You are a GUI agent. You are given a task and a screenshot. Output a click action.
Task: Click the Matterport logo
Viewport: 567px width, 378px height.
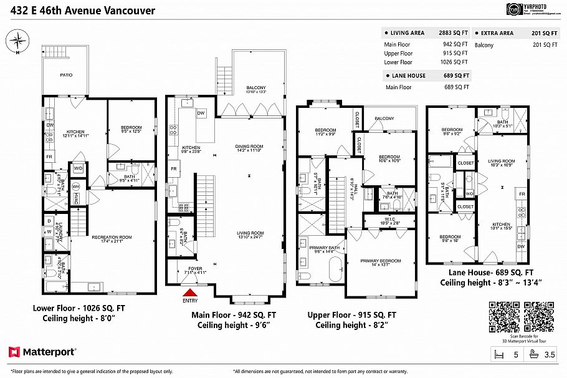pyautogui.click(x=42, y=352)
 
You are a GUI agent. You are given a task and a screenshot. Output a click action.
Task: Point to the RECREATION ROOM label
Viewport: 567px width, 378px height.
pyautogui.click(x=112, y=237)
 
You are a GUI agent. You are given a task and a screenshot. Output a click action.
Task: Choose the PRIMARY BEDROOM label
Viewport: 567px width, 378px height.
pyautogui.click(x=381, y=261)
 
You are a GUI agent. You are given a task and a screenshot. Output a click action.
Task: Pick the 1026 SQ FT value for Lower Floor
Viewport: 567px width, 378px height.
pyautogui.click(x=455, y=62)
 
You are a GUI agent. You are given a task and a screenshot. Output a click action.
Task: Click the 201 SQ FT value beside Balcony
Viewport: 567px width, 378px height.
pyautogui.click(x=545, y=45)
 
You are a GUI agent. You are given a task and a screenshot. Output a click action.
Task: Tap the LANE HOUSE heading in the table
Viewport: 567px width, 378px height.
pyautogui.click(x=409, y=75)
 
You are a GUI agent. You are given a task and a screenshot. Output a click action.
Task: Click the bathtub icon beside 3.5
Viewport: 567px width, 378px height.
pyautogui.click(x=534, y=354)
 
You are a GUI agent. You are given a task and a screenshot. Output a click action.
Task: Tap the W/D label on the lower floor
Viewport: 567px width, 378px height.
pyautogui.click(x=79, y=168)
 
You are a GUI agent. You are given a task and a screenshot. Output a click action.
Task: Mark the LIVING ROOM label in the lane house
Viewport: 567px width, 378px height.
pyautogui.click(x=501, y=161)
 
